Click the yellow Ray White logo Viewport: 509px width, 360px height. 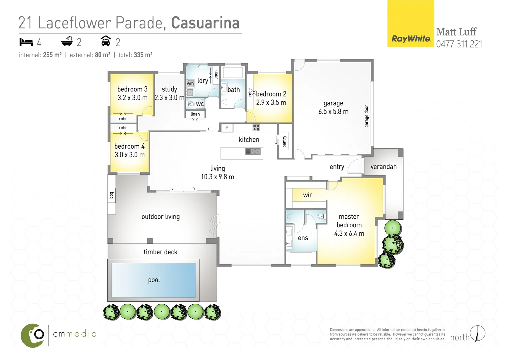[410, 24]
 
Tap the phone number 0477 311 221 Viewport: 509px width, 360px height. [459, 44]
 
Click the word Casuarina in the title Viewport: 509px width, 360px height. [205, 23]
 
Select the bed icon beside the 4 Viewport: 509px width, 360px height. [26, 42]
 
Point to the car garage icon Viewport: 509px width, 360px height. [106, 41]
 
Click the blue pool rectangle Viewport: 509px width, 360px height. [153, 280]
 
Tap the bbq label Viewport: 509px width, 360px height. [111, 195]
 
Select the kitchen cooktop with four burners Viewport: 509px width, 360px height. [256, 128]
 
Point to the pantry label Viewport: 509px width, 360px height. [284, 141]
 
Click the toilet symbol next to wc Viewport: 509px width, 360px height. [191, 104]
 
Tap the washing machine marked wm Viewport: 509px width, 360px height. [190, 83]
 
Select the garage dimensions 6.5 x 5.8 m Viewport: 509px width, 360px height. [333, 112]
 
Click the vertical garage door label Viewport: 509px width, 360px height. [367, 116]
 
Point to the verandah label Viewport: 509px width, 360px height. [383, 167]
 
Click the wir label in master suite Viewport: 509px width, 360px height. [307, 195]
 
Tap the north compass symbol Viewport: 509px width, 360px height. [478, 333]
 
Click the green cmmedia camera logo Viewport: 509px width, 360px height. [33, 335]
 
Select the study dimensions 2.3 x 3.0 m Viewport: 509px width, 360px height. [169, 98]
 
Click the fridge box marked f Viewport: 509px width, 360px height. [227, 128]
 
